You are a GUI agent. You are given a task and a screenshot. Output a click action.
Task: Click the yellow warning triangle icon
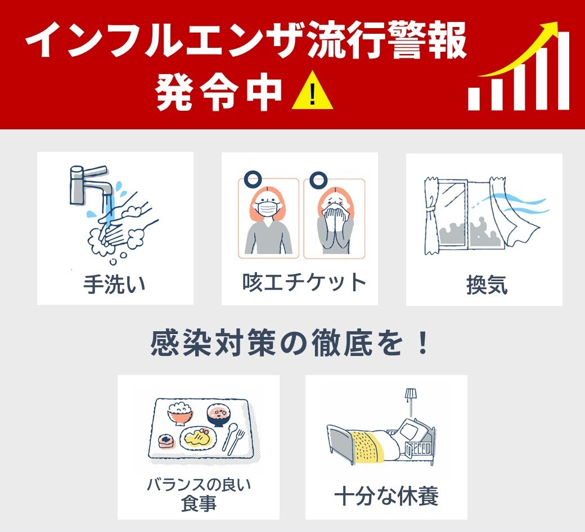pos(313,94)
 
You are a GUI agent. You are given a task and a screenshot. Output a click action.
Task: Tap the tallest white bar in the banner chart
pos(561,70)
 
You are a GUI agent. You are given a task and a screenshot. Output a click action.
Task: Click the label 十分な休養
pos(386,497)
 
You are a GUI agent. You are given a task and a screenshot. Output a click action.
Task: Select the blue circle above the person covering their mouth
pos(318,181)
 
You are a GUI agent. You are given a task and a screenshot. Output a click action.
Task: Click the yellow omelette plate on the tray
pos(198,439)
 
